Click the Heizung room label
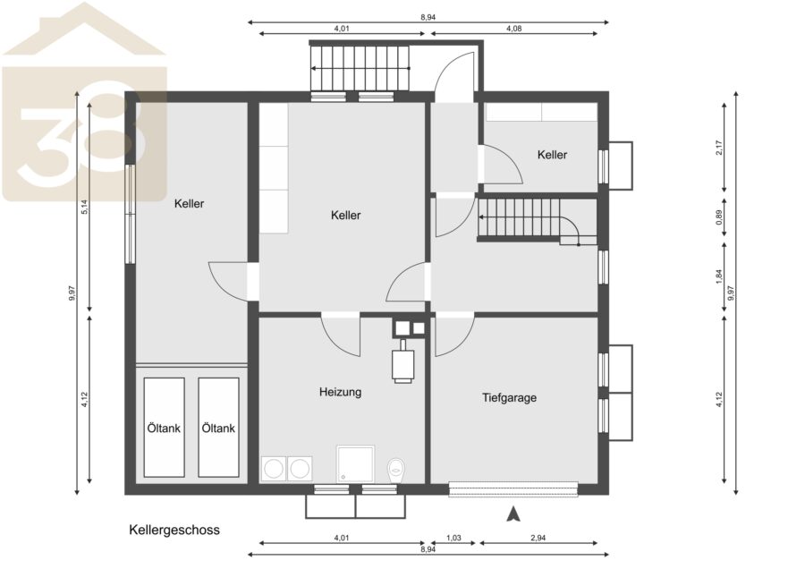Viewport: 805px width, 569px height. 341,393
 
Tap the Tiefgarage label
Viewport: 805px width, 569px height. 509,397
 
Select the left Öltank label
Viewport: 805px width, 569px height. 164,428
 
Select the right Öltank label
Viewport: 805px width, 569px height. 218,428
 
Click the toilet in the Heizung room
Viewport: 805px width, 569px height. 396,470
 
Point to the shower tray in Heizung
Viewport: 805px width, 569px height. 355,463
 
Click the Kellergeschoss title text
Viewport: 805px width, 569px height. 174,530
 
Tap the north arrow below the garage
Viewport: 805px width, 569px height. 513,514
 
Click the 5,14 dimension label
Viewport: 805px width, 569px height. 85,207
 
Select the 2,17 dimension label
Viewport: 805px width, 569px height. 719,148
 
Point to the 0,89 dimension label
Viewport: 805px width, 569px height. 719,217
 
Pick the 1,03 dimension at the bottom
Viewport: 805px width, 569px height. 453,539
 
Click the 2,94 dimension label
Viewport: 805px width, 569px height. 538,539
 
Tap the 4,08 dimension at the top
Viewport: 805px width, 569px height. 514,29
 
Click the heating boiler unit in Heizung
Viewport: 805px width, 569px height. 403,361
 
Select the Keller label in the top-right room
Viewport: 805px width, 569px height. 553,155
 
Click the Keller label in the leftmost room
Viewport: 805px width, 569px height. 189,203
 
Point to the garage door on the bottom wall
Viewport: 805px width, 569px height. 513,488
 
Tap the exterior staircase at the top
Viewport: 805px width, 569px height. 360,68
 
